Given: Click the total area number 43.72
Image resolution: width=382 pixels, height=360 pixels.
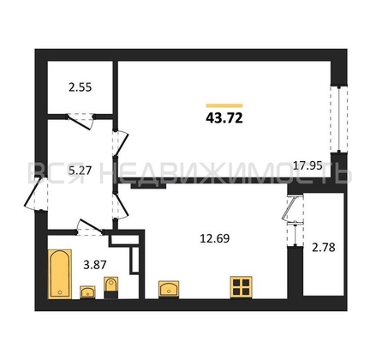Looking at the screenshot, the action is pyautogui.click(x=224, y=117).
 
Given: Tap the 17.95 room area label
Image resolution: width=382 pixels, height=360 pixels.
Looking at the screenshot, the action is pyautogui.click(x=307, y=165).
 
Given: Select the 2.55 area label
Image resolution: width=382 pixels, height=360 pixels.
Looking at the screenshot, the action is pyautogui.click(x=81, y=87).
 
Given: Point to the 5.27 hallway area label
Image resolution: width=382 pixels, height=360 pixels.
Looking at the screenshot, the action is pyautogui.click(x=80, y=171).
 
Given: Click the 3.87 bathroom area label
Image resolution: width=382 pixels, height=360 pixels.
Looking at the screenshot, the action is pyautogui.click(x=95, y=265).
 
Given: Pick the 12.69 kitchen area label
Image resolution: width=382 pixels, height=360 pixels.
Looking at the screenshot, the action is pyautogui.click(x=215, y=238).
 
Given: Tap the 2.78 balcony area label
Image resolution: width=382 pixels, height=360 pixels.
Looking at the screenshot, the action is pyautogui.click(x=324, y=248).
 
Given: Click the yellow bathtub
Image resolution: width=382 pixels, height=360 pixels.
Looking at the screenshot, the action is pyautogui.click(x=60, y=274).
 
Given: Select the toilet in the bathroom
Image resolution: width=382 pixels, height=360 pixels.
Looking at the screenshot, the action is pyautogui.click(x=110, y=287).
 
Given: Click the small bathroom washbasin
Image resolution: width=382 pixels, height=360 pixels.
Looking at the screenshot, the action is pyautogui.click(x=87, y=292).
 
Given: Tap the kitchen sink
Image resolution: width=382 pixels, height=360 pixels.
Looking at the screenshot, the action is pyautogui.click(x=169, y=289).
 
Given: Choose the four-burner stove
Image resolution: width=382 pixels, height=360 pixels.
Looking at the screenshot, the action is pyautogui.click(x=242, y=287).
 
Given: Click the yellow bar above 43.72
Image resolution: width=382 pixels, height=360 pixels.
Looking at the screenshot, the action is pyautogui.click(x=224, y=105).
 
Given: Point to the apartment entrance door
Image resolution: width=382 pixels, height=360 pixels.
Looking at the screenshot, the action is pyautogui.click(x=35, y=195).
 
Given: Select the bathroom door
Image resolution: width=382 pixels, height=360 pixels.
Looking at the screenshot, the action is pyautogui.click(x=90, y=227).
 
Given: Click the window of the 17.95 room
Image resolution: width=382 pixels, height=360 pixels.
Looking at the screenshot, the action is pyautogui.click(x=339, y=119).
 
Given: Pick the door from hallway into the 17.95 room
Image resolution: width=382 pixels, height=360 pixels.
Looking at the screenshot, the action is pyautogui.click(x=120, y=144).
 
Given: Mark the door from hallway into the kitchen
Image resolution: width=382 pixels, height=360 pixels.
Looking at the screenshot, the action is pyautogui.click(x=120, y=207).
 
